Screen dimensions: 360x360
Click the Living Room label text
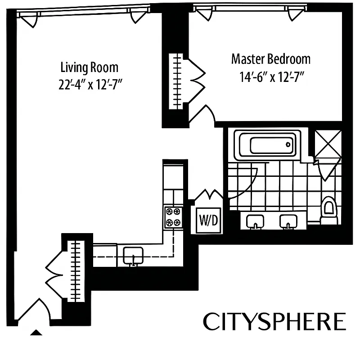[90, 67]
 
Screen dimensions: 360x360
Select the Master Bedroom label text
[270, 59]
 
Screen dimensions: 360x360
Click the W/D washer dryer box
[209, 220]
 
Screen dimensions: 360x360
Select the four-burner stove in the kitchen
[173, 216]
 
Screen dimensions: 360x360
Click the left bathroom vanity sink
[256, 221]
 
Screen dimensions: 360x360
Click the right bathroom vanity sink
[288, 221]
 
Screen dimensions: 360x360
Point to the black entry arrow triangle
[36, 333]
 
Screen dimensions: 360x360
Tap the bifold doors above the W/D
[208, 196]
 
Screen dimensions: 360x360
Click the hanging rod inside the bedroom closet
[177, 81]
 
